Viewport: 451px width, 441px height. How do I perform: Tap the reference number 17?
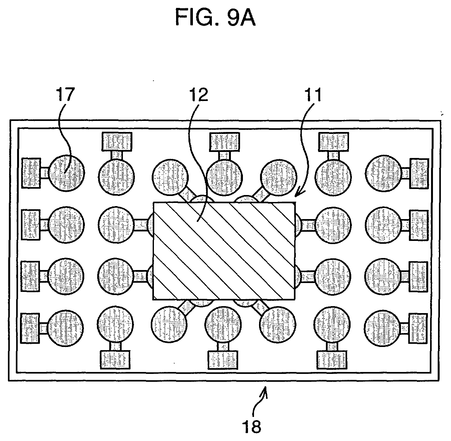coord(66,94)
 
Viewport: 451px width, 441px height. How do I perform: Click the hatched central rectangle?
coord(224,251)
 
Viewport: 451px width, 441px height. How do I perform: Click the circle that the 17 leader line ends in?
coord(67,173)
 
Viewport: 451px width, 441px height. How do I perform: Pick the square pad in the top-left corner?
coord(31,173)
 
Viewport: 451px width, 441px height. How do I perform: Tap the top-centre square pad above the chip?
coord(225,142)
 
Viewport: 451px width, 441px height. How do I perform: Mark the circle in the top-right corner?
coord(383,173)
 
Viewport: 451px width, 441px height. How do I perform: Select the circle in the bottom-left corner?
coord(66,328)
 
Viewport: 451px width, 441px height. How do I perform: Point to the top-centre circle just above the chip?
coord(225,178)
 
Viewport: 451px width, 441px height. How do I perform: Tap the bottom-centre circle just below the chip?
coord(223,324)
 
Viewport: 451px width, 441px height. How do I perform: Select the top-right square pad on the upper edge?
coord(334,142)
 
